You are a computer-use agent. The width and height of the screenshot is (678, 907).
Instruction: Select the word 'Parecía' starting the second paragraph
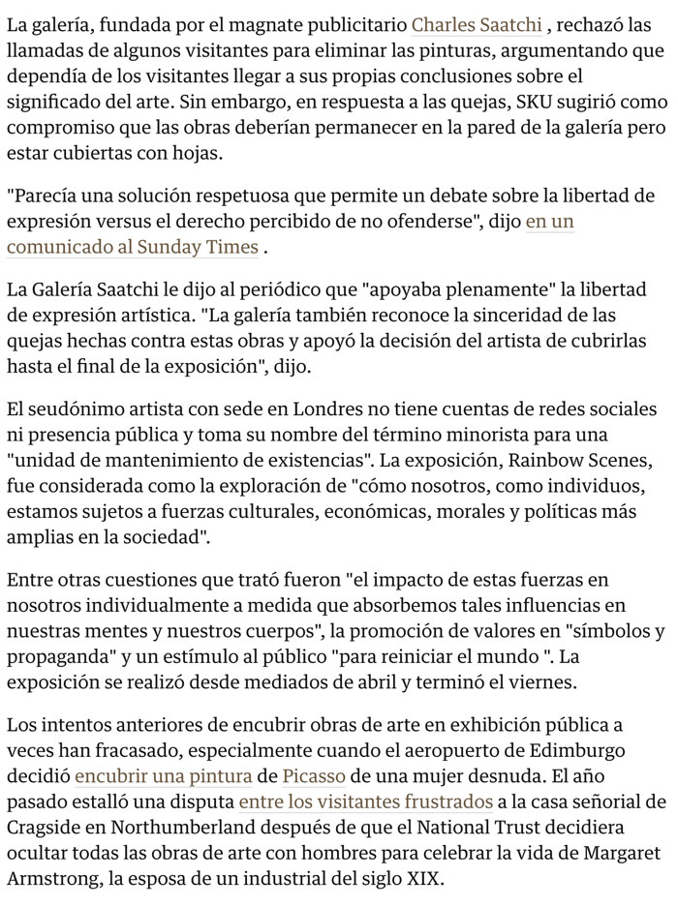[45, 196]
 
